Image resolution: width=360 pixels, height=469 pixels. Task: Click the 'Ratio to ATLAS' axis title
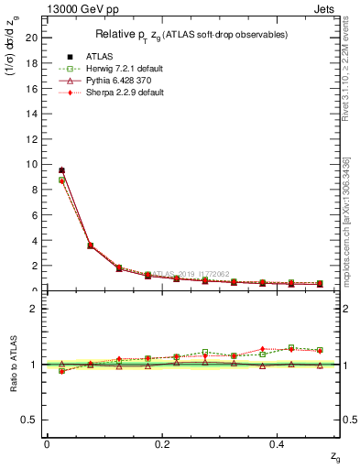coord(13,363)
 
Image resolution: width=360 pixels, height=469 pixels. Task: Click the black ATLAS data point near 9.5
coord(61,170)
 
